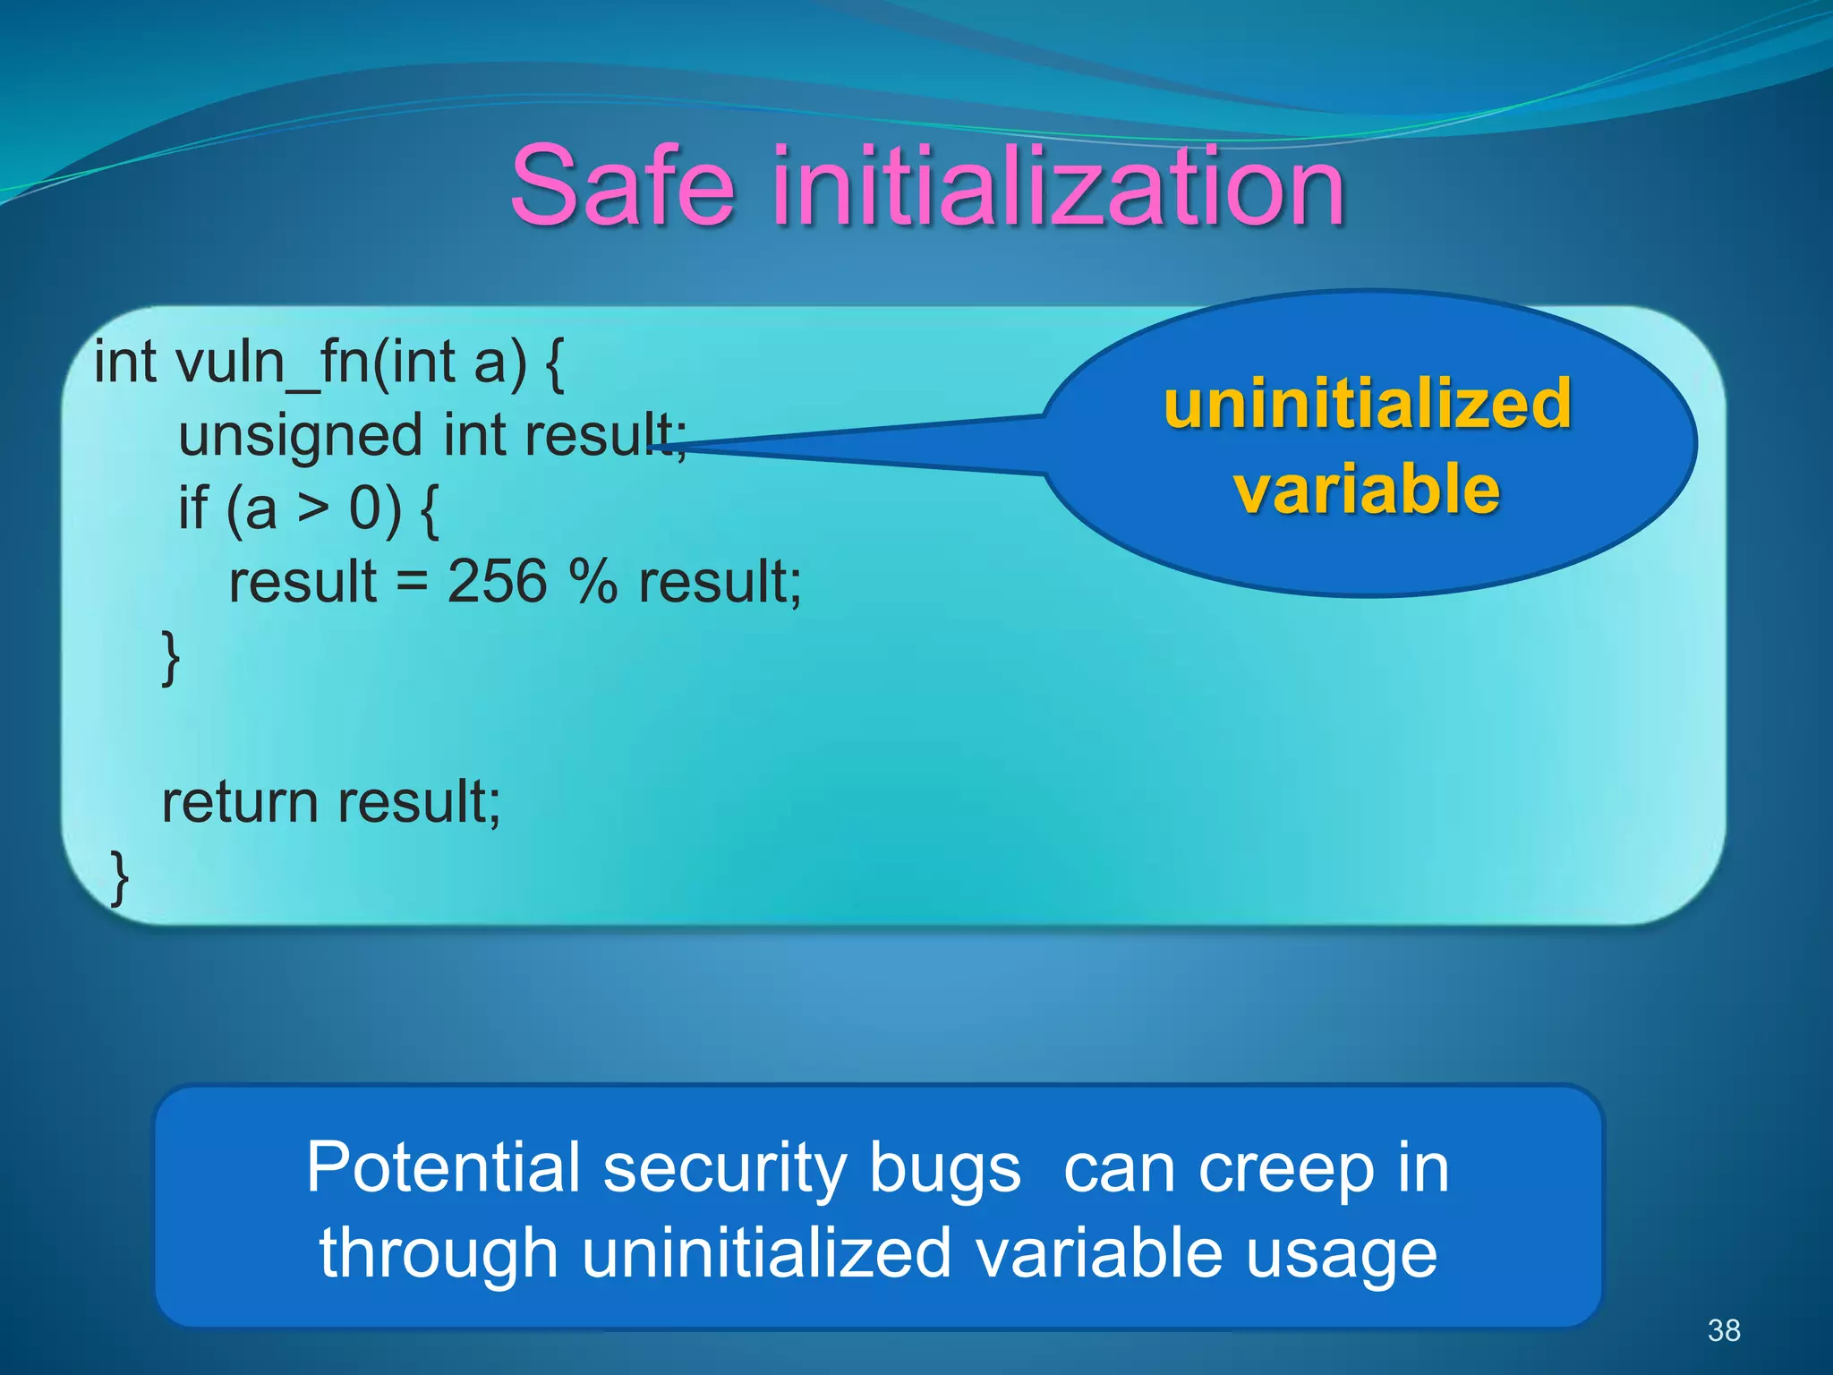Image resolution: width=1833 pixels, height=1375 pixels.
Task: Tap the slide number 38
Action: pyautogui.click(x=1724, y=1330)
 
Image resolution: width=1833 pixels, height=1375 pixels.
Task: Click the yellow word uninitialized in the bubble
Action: pyautogui.click(x=1367, y=405)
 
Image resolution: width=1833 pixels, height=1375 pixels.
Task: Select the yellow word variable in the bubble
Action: pyautogui.click(x=1367, y=490)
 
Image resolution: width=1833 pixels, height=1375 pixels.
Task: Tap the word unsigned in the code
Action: pyautogui.click(x=300, y=437)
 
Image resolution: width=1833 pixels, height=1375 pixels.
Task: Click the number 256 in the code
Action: pyautogui.click(x=497, y=582)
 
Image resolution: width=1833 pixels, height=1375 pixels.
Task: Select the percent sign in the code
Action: pyautogui.click(x=593, y=582)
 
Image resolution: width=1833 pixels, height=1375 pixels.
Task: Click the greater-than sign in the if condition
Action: pyautogui.click(x=313, y=508)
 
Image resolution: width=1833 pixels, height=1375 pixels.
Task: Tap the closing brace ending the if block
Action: pyautogui.click(x=170, y=657)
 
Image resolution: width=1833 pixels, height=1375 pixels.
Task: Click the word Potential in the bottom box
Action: pyautogui.click(x=444, y=1167)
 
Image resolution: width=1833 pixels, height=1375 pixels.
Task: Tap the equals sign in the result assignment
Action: pyautogui.click(x=412, y=583)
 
